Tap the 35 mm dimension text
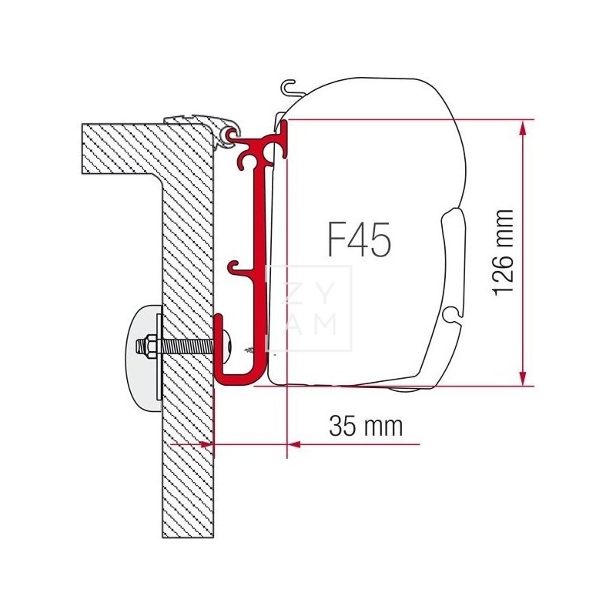point(366,425)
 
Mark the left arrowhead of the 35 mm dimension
point(208,444)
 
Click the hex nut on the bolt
point(145,344)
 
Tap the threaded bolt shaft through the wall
point(185,344)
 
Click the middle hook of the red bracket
point(235,269)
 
